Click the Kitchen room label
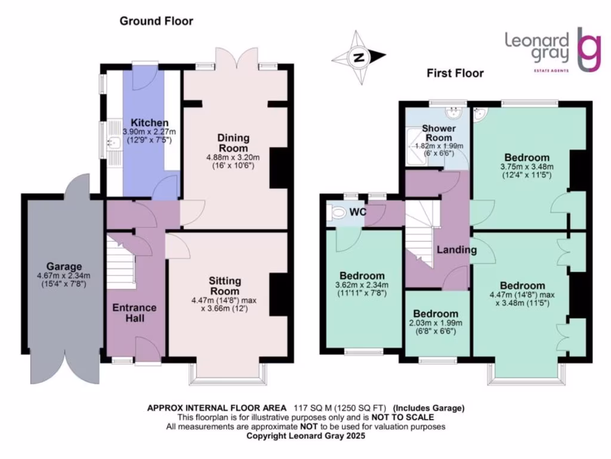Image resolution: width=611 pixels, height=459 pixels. tap(150, 123)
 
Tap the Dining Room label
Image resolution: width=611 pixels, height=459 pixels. tap(233, 143)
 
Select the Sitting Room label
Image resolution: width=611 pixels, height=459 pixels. tap(225, 286)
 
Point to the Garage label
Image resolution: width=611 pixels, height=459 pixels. tap(64, 267)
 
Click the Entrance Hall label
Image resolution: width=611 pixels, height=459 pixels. tap(134, 313)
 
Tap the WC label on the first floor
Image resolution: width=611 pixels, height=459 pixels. tap(358, 212)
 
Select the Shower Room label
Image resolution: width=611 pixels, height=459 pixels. tap(439, 133)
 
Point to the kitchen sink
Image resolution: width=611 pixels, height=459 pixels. tap(115, 142)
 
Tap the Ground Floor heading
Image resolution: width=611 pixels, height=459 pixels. tap(156, 21)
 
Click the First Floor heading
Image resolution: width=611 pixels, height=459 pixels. tap(455, 73)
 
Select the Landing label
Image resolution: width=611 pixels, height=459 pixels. tap(456, 249)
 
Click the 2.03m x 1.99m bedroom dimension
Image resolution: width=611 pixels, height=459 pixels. tap(436, 323)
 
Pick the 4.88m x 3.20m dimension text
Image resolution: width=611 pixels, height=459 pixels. tap(233, 158)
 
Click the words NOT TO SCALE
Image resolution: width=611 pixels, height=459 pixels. tap(403, 417)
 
